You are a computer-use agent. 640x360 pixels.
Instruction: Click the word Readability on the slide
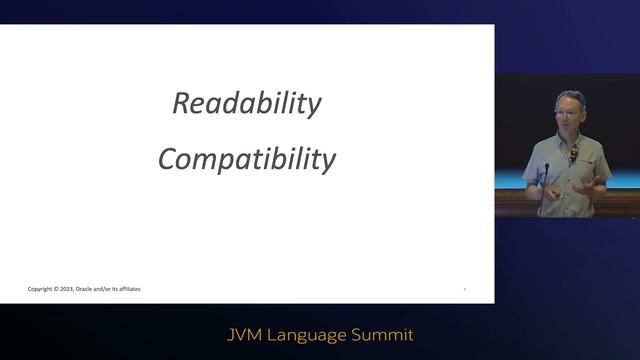coord(247,104)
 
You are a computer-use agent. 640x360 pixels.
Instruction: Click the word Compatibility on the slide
coord(247,159)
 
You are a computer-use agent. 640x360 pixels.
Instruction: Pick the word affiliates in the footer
coord(129,289)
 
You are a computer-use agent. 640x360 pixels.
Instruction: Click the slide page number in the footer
coord(464,289)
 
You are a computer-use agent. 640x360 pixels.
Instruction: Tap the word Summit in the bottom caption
coord(383,333)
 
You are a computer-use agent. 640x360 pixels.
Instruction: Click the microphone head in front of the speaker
coord(547,167)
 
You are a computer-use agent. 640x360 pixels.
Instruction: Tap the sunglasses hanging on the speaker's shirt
coord(573,151)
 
